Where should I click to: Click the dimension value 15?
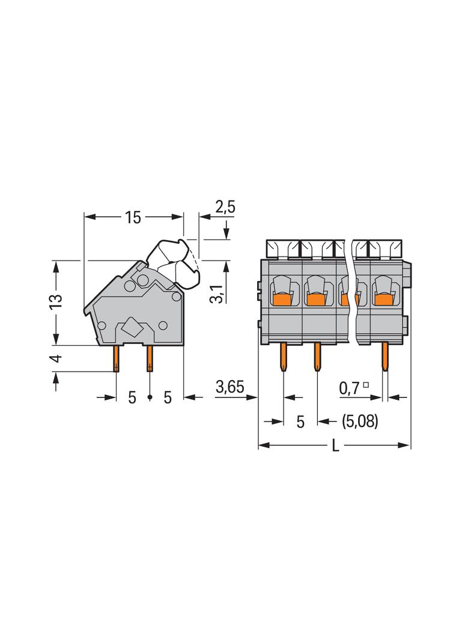coord(133,217)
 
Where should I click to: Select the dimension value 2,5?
coord(225,207)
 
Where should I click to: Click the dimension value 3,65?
coord(229,387)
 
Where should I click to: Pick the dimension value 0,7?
coord(350,388)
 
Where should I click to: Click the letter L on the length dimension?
coord(335,445)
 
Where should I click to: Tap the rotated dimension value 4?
coord(56,358)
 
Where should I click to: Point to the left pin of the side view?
coord(116,358)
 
